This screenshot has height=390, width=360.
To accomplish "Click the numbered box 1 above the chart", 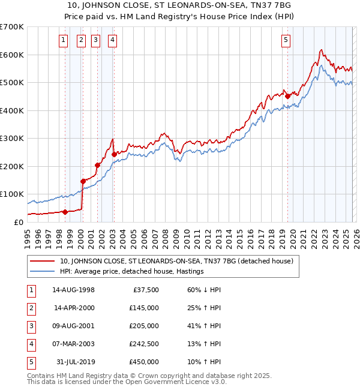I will pyautogui.click(x=64, y=40).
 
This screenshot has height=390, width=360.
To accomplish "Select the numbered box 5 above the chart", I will pyautogui.click(x=286, y=40).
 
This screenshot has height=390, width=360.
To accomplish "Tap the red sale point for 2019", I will pyautogui.click(x=287, y=96).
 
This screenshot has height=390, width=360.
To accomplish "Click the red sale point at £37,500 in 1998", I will pyautogui.click(x=65, y=211).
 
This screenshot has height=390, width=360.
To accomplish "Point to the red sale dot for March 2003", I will pyautogui.click(x=114, y=154).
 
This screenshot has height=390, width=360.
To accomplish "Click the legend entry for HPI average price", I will pyautogui.click(x=132, y=272).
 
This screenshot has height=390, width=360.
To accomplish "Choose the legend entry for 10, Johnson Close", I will pyautogui.click(x=176, y=261).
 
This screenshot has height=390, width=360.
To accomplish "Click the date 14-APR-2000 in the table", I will pyautogui.click(x=74, y=308).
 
